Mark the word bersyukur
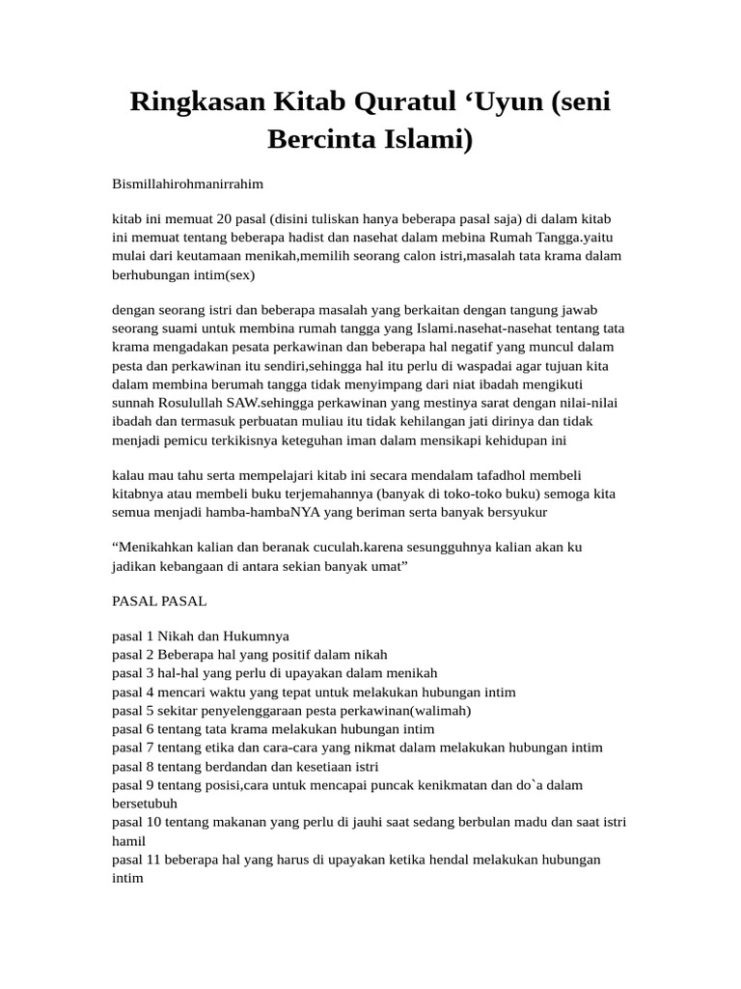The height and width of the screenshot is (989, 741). pos(512,512)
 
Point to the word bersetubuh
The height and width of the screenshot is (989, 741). pos(145,803)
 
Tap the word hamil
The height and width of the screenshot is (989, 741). pos(129,839)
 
